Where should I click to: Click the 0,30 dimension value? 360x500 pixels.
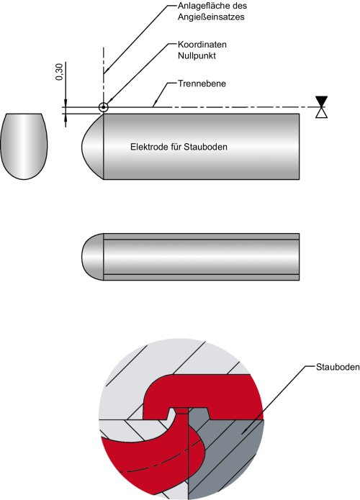58,73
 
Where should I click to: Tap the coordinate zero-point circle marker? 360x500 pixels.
104,107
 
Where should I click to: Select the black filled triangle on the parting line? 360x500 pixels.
321,101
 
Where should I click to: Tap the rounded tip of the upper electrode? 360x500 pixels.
91,146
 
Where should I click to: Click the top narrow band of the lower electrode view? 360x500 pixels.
202,236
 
